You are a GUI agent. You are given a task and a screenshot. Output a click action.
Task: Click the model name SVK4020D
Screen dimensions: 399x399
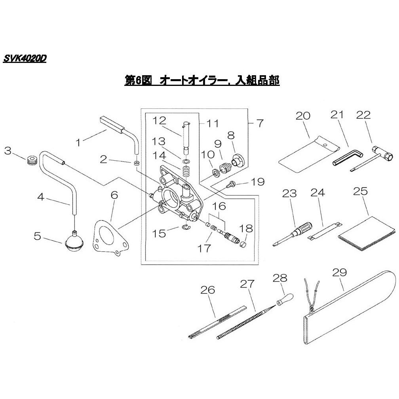click(25, 59)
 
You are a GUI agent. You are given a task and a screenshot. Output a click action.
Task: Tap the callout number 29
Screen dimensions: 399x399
click(340, 272)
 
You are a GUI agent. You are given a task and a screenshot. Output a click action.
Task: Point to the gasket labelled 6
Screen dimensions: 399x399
click(110, 237)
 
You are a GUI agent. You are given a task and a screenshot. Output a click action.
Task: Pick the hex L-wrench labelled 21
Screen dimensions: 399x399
click(348, 158)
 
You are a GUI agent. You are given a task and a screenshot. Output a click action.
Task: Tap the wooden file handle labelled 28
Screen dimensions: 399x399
click(285, 299)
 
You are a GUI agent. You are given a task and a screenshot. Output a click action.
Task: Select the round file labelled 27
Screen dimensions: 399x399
click(246, 322)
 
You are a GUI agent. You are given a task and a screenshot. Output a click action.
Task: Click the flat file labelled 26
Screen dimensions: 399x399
click(218, 322)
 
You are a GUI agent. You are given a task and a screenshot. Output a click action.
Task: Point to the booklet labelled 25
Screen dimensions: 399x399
click(367, 234)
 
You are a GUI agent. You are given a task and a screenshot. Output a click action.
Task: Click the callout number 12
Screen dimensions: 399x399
click(159, 120)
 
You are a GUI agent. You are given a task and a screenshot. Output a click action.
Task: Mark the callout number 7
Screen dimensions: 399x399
click(260, 123)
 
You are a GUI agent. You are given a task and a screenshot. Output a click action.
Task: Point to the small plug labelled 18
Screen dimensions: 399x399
click(244, 245)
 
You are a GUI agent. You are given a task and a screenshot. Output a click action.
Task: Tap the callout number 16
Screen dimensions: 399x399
click(219, 206)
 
